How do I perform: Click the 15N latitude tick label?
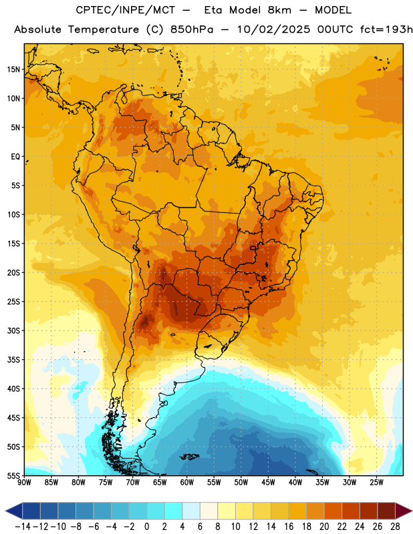click(x=13, y=69)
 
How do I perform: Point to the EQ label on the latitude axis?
click(x=15, y=157)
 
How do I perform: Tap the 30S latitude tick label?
click(x=13, y=330)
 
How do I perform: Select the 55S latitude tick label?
click(x=13, y=475)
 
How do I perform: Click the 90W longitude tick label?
click(x=24, y=482)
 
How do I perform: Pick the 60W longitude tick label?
click(x=187, y=482)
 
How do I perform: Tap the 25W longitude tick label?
click(x=376, y=482)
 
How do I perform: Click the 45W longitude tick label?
click(x=268, y=482)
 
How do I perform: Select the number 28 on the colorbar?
click(x=395, y=527)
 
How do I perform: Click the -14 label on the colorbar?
click(x=23, y=527)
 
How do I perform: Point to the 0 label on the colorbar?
click(x=146, y=527)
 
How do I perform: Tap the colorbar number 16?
click(x=289, y=527)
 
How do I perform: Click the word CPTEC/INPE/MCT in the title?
click(x=125, y=11)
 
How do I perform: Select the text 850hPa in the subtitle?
click(x=192, y=29)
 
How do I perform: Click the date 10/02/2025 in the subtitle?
click(x=273, y=29)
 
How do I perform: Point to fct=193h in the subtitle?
click(x=386, y=29)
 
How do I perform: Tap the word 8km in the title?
click(x=279, y=11)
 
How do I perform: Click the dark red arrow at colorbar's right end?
click(x=404, y=511)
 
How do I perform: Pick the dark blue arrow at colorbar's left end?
click(x=13, y=511)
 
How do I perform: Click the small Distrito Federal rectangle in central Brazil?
click(x=253, y=248)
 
